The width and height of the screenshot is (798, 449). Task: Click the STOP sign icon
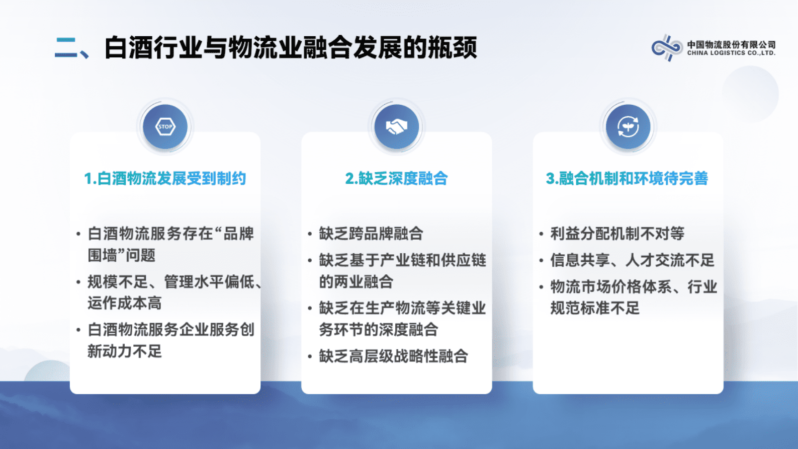pyautogui.click(x=165, y=127)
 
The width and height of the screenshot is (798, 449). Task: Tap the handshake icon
pyautogui.click(x=396, y=127)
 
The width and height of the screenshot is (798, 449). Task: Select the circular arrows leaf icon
pyautogui.click(x=628, y=127)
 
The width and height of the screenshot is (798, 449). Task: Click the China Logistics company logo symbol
pyautogui.click(x=667, y=48)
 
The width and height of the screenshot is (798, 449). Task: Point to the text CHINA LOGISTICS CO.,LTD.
pyautogui.click(x=731, y=53)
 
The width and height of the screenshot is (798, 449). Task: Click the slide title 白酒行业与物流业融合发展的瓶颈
pyautogui.click(x=291, y=48)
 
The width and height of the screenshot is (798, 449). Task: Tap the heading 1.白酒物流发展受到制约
pyautogui.click(x=165, y=178)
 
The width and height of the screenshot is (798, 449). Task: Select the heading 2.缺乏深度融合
pyautogui.click(x=396, y=178)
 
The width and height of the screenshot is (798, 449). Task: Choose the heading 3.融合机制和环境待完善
pyautogui.click(x=627, y=178)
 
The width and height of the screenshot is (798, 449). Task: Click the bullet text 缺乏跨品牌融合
pyautogui.click(x=371, y=234)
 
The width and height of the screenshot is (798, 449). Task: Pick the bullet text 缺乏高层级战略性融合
pyautogui.click(x=393, y=356)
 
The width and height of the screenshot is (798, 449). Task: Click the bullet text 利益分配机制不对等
pyautogui.click(x=617, y=234)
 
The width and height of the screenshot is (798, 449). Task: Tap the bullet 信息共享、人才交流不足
pyautogui.click(x=632, y=260)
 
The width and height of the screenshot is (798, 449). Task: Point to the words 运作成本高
pyautogui.click(x=125, y=303)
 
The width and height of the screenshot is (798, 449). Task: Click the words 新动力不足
pyautogui.click(x=125, y=351)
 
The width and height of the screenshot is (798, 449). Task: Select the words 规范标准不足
pyautogui.click(x=595, y=308)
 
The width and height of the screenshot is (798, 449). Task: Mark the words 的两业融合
pyautogui.click(x=356, y=282)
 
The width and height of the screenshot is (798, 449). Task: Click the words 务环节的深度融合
pyautogui.click(x=378, y=330)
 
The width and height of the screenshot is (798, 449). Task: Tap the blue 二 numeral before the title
pyautogui.click(x=66, y=48)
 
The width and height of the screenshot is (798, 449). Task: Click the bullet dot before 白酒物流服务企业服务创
pyautogui.click(x=78, y=330)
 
